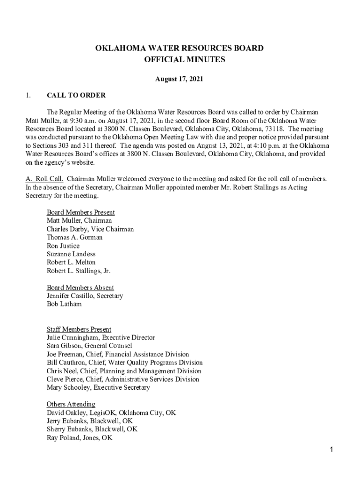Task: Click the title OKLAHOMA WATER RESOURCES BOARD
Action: pos(180,48)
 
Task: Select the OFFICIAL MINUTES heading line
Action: pos(180,60)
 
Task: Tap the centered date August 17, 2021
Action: pos(180,80)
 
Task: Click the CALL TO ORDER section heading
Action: pos(76,95)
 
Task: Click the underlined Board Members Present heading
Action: pos(80,212)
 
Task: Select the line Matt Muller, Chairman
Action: pos(79,221)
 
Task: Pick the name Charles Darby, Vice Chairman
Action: pos(90,229)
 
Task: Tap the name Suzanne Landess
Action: pos(71,254)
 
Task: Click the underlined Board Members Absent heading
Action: pos(80,288)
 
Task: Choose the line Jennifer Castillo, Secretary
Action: pos(85,296)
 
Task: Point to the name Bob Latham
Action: pos(64,304)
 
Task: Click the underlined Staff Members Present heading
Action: pos(79,329)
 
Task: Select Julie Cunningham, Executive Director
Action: pos(101,338)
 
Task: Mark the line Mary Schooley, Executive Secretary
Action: pos(98,388)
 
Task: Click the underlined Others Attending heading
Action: pos(71,404)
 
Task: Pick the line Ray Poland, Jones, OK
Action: pos(79,438)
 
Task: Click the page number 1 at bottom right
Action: pos(331,450)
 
